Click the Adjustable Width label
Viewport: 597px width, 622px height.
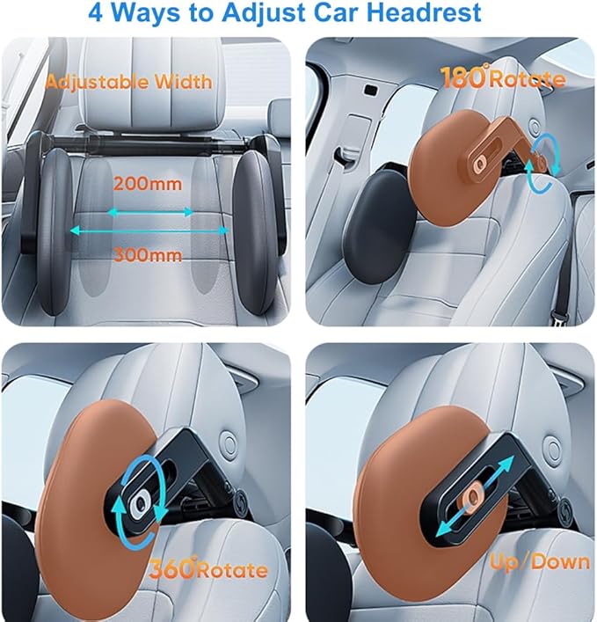tap(128, 82)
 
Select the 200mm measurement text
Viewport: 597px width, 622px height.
tap(148, 186)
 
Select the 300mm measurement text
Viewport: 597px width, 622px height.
tap(148, 255)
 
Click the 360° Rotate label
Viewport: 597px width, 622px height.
tap(209, 569)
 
